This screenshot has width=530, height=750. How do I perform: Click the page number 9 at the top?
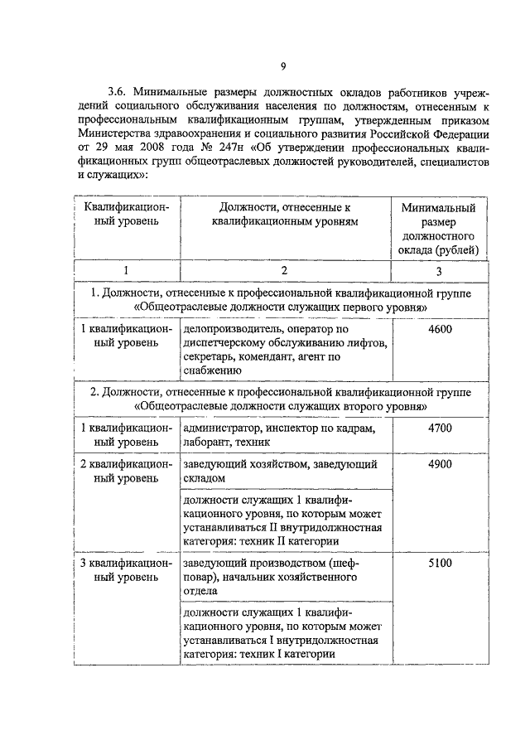pos(282,66)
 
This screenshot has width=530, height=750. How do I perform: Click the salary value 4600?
pos(440,331)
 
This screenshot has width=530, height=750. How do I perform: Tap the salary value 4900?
pos(440,465)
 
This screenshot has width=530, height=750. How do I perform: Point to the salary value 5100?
pos(440,563)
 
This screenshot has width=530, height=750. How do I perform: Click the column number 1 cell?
pos(126,271)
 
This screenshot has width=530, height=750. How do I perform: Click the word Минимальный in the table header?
pos(439,208)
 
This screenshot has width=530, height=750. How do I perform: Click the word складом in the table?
pos(205,479)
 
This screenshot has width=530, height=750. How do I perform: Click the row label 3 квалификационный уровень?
pos(126,569)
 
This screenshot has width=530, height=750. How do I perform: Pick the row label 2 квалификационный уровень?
pos(126,472)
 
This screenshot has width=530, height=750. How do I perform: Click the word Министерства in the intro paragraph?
pos(118,132)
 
